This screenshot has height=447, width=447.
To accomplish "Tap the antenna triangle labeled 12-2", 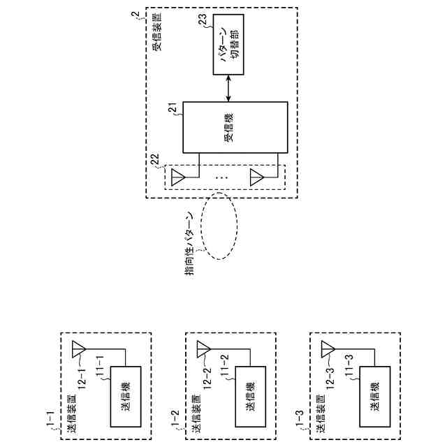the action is pos(203,348).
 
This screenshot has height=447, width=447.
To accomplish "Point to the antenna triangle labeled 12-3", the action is pos(327,348).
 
